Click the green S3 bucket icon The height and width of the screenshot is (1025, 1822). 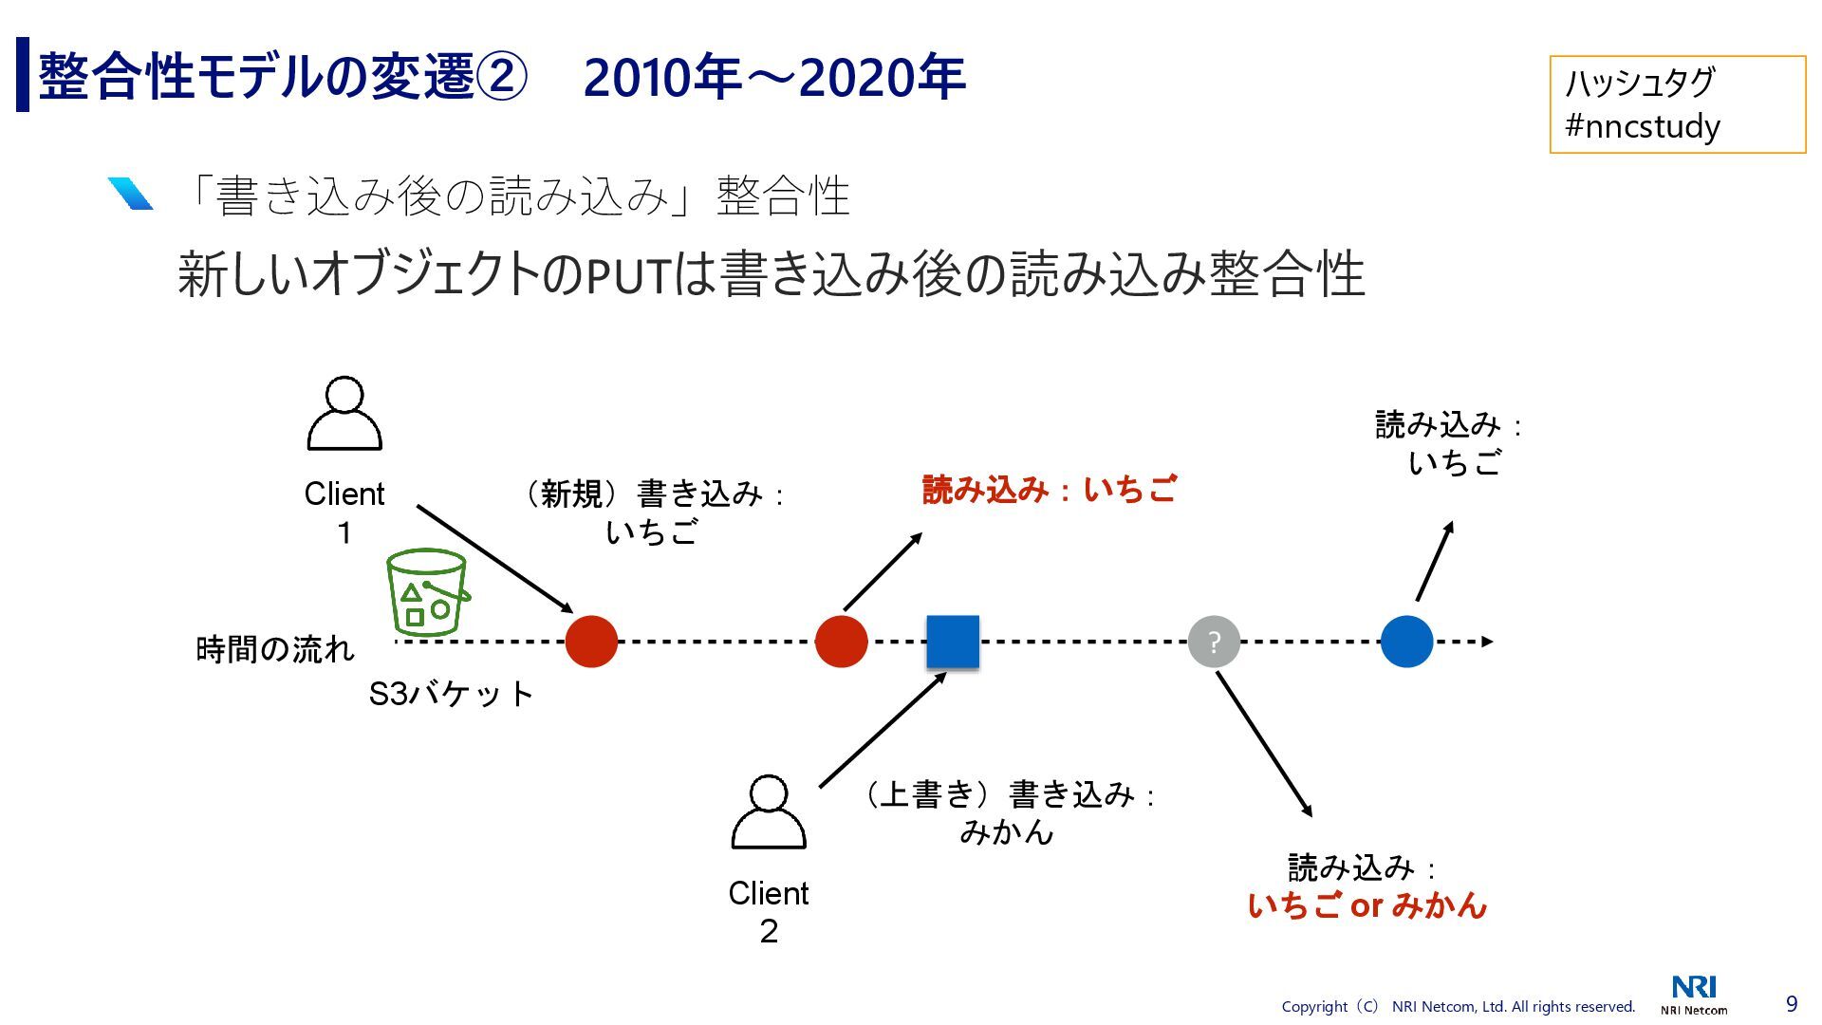(427, 593)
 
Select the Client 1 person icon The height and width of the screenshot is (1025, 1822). (344, 415)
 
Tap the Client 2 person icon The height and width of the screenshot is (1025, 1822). (769, 813)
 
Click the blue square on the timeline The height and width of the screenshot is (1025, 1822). (953, 642)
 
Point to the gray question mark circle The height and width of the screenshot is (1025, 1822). (1214, 643)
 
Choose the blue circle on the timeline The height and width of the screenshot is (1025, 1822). (1406, 642)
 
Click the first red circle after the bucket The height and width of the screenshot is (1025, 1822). (591, 642)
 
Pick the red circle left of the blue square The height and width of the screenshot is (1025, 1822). (841, 642)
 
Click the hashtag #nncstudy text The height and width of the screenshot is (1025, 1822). (1643, 126)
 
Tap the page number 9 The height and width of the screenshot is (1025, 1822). (1792, 1004)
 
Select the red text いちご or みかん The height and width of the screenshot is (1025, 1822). (1366, 906)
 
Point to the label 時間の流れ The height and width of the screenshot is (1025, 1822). (275, 649)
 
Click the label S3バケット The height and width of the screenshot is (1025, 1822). (451, 694)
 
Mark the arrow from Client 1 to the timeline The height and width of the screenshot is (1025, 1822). (494, 559)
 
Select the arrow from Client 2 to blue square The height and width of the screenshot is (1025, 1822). (883, 730)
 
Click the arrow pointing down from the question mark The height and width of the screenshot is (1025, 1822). (1264, 744)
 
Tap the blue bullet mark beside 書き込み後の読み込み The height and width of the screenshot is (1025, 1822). (130, 194)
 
